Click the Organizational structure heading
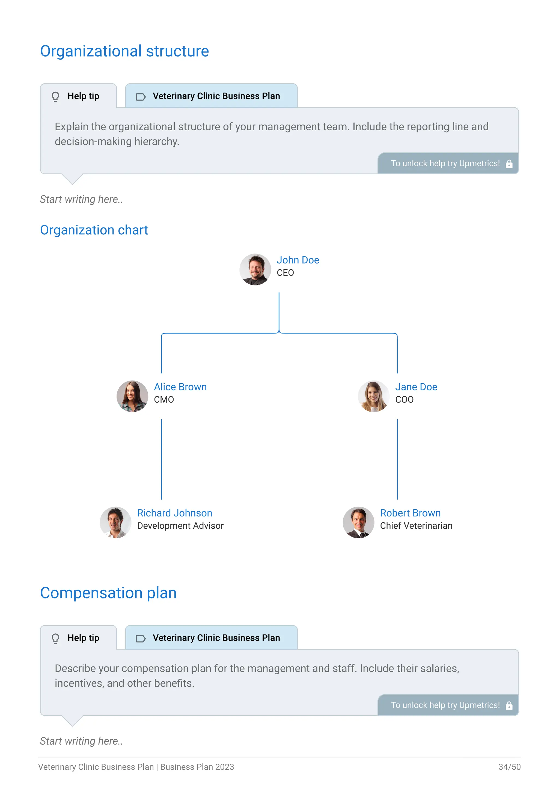pos(125,51)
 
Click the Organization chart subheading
pos(94,230)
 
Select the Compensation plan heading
pos(108,593)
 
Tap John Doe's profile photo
pos(255,269)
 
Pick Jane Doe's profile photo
pos(374,396)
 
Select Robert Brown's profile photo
pos(359,522)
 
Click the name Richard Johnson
pos(174,513)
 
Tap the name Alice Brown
pos(180,387)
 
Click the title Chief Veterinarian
pos(416,526)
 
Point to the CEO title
pos(285,273)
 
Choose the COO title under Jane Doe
pos(405,400)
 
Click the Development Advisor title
pos(180,526)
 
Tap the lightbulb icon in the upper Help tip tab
pos(55,96)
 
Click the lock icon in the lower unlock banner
pos(509,706)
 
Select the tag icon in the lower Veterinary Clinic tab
pos(141,639)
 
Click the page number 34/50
pos(509,767)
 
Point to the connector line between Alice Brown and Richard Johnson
pos(161,459)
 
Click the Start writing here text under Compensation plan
pos(82,741)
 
